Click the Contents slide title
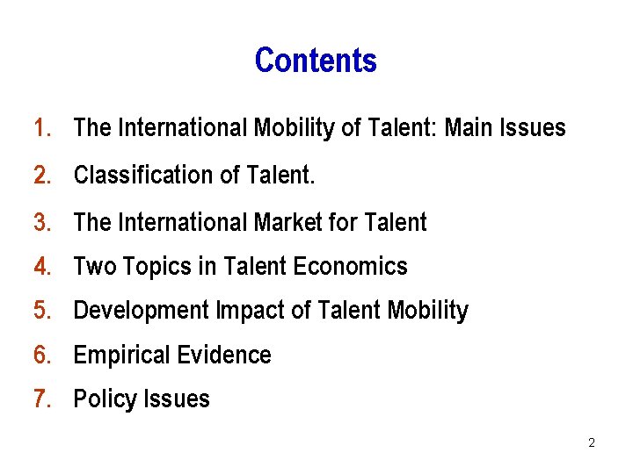316,61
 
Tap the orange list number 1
40,128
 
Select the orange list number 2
41,176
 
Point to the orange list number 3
41,222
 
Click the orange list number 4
41,266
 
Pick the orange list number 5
41,311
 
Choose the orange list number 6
41,355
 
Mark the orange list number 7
41,399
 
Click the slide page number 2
591,443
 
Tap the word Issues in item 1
534,128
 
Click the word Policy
101,399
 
